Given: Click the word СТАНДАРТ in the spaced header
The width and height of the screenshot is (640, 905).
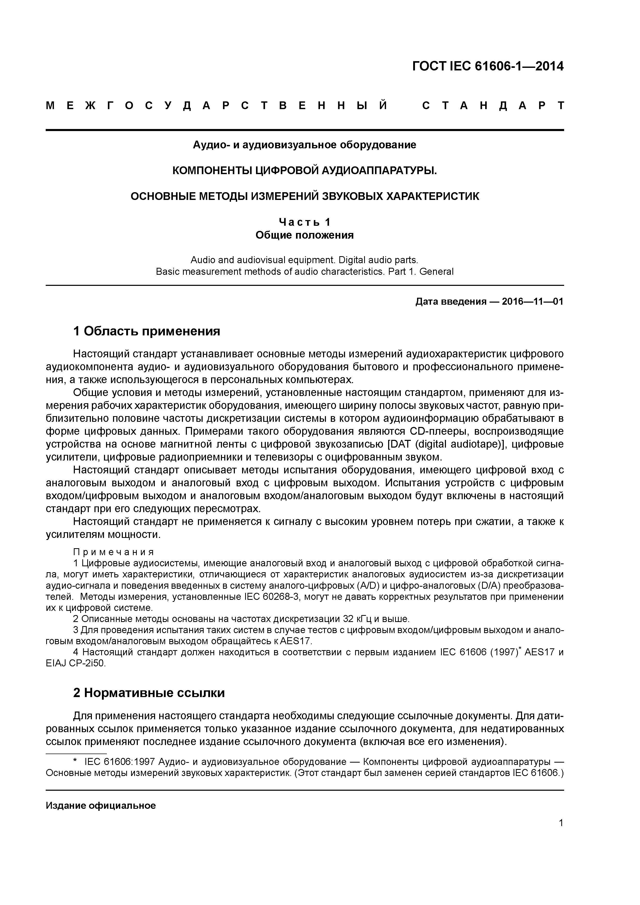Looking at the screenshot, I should coord(493,106).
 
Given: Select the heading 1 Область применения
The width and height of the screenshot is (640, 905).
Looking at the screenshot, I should coord(146,331).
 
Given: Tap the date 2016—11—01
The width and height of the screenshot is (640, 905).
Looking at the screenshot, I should coord(532,302).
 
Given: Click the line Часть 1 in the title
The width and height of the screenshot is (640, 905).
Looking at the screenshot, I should coord(305,222).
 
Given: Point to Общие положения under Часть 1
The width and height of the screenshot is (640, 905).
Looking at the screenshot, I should coord(305,235).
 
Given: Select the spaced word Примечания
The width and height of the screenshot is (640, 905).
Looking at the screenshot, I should coord(114,551).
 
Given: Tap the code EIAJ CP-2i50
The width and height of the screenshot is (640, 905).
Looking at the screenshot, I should coord(76,663).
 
